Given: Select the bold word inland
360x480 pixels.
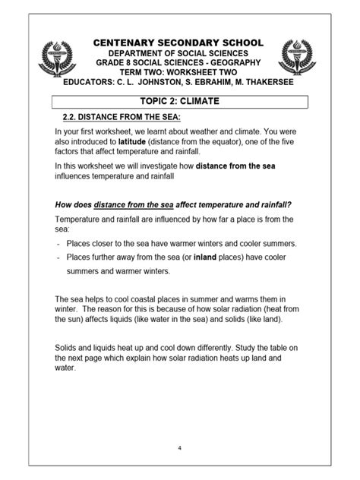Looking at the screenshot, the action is click(206, 257).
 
